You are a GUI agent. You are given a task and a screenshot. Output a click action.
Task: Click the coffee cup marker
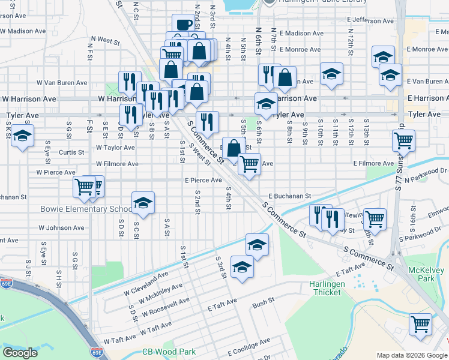(184, 25)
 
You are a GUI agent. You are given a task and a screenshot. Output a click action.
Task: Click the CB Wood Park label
(169, 352)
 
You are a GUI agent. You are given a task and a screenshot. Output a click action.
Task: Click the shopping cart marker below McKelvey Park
(421, 324)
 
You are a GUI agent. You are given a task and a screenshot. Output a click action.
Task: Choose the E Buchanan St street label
(289, 196)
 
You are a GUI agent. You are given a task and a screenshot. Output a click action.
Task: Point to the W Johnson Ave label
(61, 228)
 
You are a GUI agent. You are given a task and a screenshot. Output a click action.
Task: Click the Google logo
(20, 353)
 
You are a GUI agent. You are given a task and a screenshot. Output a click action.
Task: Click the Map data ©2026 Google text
(411, 355)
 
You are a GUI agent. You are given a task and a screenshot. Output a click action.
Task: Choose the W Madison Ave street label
(23, 31)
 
